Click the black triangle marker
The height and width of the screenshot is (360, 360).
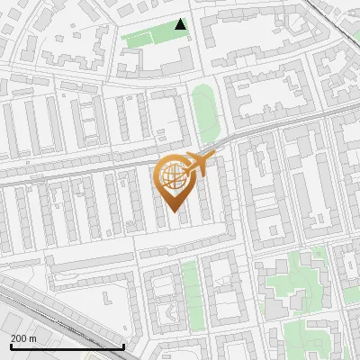coord(181,24)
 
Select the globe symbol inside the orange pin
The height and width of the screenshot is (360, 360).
coord(174,178)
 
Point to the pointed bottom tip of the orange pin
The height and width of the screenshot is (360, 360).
coord(174,211)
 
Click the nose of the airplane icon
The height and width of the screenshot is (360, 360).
coord(212,157)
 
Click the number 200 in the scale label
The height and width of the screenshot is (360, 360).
coord(18,337)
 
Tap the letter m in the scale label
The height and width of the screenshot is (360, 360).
coord(32,337)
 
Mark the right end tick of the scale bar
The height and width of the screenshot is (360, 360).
coord(123,345)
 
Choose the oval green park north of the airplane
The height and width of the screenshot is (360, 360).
coord(205,112)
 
